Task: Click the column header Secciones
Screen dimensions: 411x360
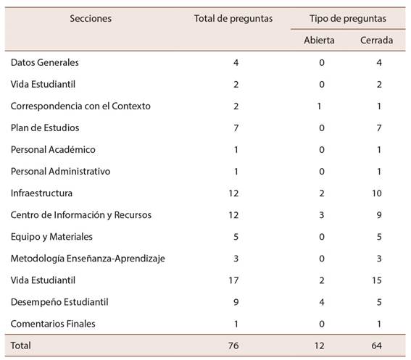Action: [91, 19]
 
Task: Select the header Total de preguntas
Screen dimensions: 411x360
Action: [233, 19]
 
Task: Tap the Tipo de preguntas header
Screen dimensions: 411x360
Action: [347, 19]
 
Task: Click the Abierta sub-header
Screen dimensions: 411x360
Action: [319, 41]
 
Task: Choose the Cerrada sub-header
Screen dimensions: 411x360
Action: [376, 41]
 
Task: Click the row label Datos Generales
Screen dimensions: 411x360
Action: [44, 62]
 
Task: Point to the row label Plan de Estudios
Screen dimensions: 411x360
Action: [45, 128]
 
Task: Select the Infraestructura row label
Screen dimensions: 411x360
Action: [41, 193]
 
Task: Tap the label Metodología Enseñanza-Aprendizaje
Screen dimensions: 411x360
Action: [88, 259]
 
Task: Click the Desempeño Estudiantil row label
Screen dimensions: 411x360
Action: [59, 302]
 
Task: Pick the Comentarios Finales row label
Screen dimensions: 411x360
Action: [53, 324]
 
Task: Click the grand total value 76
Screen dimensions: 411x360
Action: [233, 346]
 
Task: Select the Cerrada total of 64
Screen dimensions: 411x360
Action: [376, 346]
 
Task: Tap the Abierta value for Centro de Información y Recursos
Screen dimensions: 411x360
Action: [322, 215]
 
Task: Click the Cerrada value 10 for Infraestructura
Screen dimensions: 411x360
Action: [376, 193]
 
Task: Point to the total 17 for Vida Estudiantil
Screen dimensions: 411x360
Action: [233, 280]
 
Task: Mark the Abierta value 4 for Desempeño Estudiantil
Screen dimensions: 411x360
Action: [322, 302]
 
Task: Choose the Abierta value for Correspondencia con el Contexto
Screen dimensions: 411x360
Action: [319, 106]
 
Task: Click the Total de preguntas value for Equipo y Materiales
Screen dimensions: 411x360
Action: [236, 237]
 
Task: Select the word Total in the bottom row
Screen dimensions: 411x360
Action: [21, 346]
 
